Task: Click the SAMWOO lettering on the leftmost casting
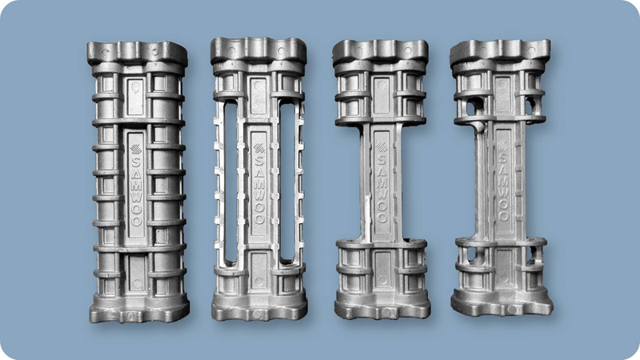[136, 191]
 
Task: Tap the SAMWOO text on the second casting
[259, 189]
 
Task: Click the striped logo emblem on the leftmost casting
[135, 150]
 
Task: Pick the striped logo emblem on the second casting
[258, 148]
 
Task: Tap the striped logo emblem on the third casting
[382, 147]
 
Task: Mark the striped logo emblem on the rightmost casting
[502, 146]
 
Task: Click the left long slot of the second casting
[230, 182]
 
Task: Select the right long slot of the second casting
[287, 182]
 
